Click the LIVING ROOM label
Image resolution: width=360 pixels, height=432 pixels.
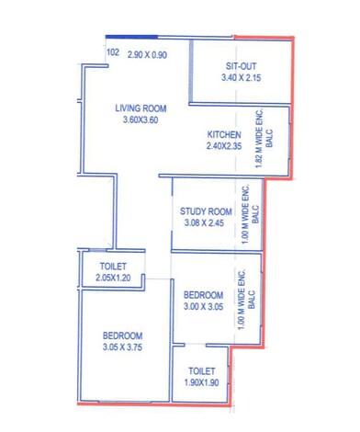(140, 108)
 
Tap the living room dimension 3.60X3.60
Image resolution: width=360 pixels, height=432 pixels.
(140, 120)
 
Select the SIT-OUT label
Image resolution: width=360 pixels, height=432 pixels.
(242, 66)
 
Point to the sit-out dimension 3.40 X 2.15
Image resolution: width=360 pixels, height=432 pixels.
(242, 78)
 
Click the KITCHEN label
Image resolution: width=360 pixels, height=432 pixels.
(224, 134)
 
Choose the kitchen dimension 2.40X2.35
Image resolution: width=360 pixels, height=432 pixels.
(224, 146)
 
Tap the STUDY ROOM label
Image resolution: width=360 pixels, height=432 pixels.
(208, 210)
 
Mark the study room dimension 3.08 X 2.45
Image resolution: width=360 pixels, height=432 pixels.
(208, 222)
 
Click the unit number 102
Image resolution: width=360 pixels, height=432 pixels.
(113, 53)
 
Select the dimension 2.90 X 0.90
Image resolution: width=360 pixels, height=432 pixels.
(147, 54)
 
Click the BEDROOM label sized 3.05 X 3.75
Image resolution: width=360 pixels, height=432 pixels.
(122, 335)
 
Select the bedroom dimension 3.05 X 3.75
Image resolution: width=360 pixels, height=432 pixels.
(122, 347)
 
